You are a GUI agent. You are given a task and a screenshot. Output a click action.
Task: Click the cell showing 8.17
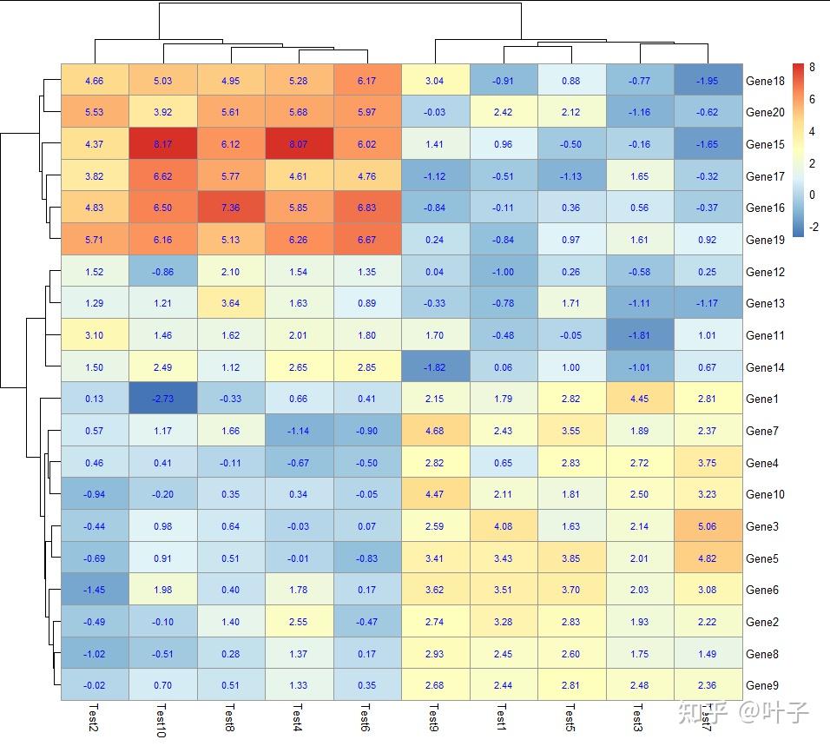[162, 144]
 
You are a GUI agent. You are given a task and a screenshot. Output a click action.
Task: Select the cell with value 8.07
[299, 144]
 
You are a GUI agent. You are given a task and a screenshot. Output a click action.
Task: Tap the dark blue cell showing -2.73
[162, 399]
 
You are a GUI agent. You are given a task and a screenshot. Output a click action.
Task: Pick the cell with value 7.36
[230, 208]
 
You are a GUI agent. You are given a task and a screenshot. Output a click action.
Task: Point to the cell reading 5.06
[708, 526]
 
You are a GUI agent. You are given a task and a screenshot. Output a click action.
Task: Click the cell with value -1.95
[708, 81]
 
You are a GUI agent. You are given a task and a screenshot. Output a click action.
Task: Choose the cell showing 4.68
[435, 431]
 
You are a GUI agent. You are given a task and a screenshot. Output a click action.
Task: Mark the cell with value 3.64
[230, 303]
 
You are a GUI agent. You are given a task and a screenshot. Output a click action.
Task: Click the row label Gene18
[765, 81]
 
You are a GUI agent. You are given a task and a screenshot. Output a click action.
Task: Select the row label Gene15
[765, 144]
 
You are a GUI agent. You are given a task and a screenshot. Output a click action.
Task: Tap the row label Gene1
[762, 399]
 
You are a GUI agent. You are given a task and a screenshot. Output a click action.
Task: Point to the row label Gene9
[762, 685]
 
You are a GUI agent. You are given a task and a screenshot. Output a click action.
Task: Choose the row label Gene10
[765, 494]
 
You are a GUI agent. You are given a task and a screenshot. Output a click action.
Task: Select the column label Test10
[162, 720]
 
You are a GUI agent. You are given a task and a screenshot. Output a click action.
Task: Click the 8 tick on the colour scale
[812, 68]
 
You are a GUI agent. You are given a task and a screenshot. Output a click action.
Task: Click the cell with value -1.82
[435, 367]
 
